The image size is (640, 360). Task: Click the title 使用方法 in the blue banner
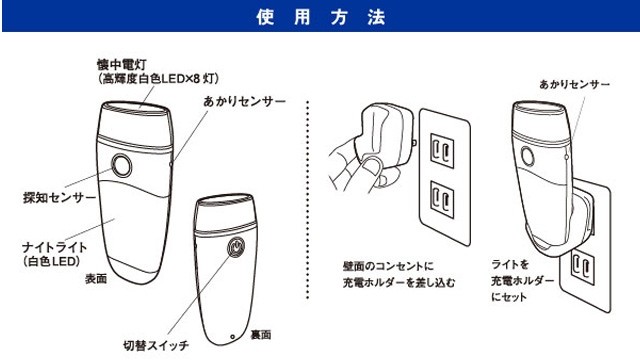click(x=321, y=17)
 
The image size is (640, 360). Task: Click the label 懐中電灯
click(x=121, y=64)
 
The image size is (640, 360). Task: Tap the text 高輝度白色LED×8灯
click(x=159, y=78)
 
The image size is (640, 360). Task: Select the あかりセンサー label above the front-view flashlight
click(x=244, y=101)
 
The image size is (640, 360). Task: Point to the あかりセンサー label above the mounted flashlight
click(x=574, y=84)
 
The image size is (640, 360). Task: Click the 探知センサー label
click(x=60, y=198)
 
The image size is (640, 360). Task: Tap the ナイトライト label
click(x=54, y=247)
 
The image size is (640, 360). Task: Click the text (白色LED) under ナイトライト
click(x=51, y=261)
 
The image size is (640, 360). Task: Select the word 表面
click(x=96, y=279)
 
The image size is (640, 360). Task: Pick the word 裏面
click(x=260, y=335)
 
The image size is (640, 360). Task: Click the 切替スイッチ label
click(x=156, y=346)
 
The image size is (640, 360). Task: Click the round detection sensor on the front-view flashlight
click(x=122, y=166)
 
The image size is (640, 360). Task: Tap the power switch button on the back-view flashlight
click(x=236, y=247)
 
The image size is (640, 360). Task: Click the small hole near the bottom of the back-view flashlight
click(x=232, y=337)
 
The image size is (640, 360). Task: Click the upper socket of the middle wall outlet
click(x=442, y=151)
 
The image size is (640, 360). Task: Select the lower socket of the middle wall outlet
click(x=442, y=200)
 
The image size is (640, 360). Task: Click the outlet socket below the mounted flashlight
click(x=583, y=267)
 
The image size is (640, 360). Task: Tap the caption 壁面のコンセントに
click(x=388, y=267)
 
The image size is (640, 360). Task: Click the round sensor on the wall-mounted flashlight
click(x=528, y=156)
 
